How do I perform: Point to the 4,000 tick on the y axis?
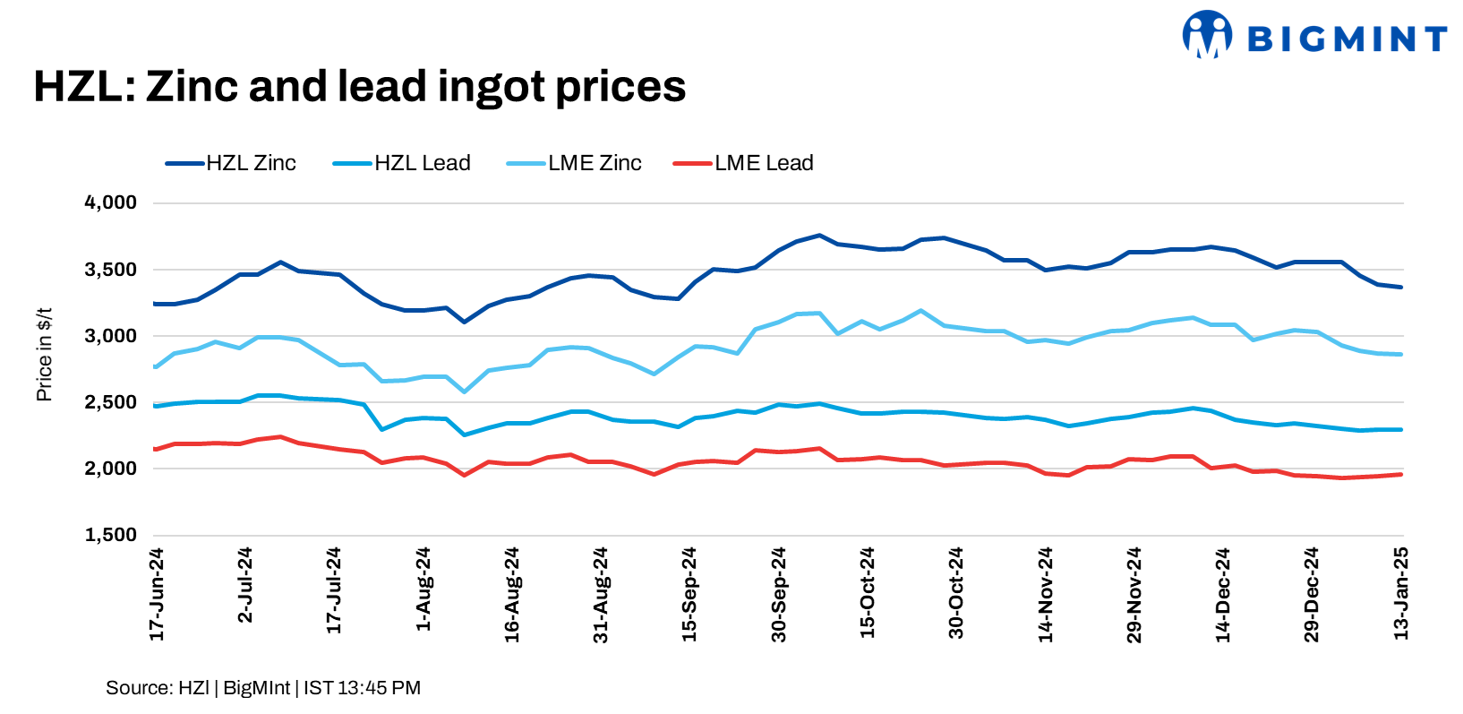click(111, 202)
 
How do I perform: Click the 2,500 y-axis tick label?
click(111, 402)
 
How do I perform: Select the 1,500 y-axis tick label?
click(111, 535)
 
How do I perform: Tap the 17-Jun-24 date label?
click(157, 595)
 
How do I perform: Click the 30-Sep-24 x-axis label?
click(779, 595)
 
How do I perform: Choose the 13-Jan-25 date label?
click(1401, 593)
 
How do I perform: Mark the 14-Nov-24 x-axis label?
click(1046, 595)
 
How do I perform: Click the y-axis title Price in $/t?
click(44, 354)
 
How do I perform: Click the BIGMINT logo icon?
click(1206, 35)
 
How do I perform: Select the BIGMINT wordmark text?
click(1347, 39)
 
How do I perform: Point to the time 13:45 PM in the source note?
click(380, 688)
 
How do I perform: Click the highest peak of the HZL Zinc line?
click(818, 236)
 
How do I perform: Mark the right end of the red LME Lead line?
click(1400, 474)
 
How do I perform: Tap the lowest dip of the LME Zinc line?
click(464, 391)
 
